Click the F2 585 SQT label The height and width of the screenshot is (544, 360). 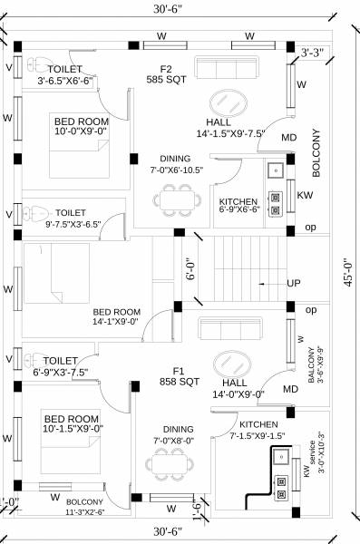pos(165,73)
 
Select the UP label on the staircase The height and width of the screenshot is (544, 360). pos(293,284)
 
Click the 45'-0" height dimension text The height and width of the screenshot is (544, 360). pos(347,269)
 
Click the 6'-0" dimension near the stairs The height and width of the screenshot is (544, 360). pos(190,267)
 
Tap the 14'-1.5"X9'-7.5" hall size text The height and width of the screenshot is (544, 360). pos(229,133)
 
